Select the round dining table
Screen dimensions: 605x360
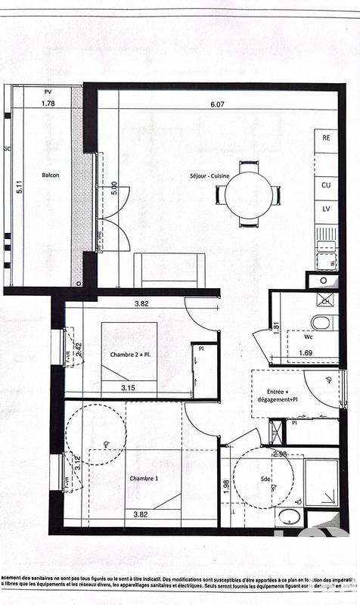tap(248, 194)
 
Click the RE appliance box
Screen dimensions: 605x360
tap(326, 138)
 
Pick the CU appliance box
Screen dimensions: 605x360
tap(326, 185)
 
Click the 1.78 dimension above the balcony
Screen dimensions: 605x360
tap(48, 103)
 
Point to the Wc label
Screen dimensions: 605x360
tap(310, 338)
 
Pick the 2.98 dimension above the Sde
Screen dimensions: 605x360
tap(280, 454)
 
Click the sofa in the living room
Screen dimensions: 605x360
tap(169, 270)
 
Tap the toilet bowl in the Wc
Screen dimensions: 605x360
tap(321, 322)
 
